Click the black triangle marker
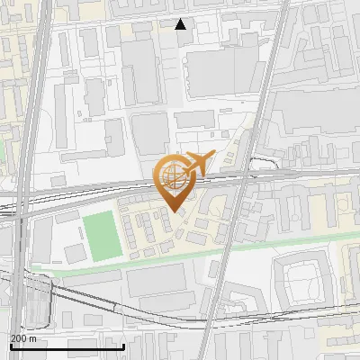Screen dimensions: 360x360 (181, 24)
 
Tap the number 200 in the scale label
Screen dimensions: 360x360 (18, 338)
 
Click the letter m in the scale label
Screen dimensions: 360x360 (33, 338)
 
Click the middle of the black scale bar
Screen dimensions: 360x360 (67, 346)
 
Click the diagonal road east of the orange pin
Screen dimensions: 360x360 (236, 225)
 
